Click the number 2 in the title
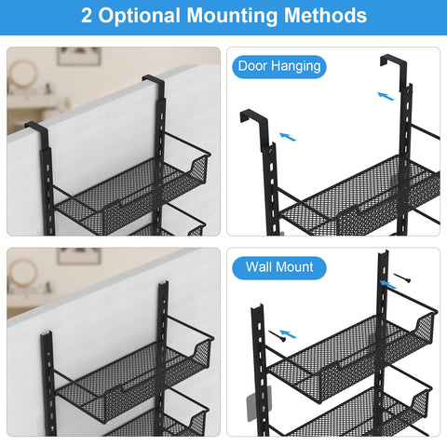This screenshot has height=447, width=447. (86, 17)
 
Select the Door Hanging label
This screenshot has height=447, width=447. (279, 66)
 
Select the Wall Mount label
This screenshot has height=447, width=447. (279, 267)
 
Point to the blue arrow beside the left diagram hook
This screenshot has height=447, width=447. (289, 136)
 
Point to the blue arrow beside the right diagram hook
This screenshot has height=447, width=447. (386, 94)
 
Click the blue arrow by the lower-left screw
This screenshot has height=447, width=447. (291, 332)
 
